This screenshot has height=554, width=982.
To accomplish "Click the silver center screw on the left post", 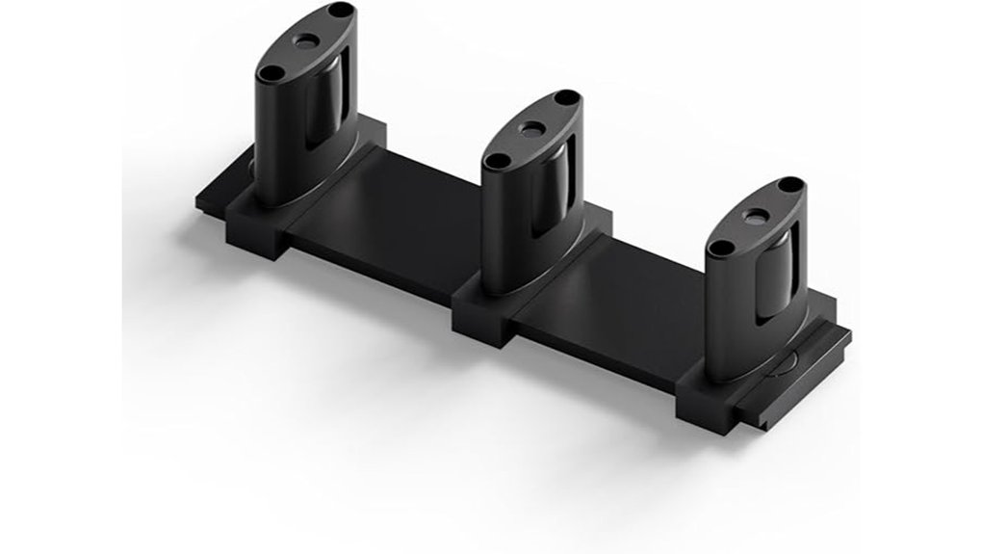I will pyautogui.click(x=306, y=41).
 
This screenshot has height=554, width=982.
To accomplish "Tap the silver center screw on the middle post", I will pyautogui.click(x=531, y=128).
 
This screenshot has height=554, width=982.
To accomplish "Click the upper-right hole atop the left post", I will pyautogui.click(x=340, y=11).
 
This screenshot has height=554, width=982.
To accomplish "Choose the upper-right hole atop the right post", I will pyautogui.click(x=789, y=185).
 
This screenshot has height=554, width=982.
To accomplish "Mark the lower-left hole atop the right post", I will pyautogui.click(x=720, y=248).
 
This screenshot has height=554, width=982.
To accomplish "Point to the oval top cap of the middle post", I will pyautogui.click(x=531, y=130).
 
